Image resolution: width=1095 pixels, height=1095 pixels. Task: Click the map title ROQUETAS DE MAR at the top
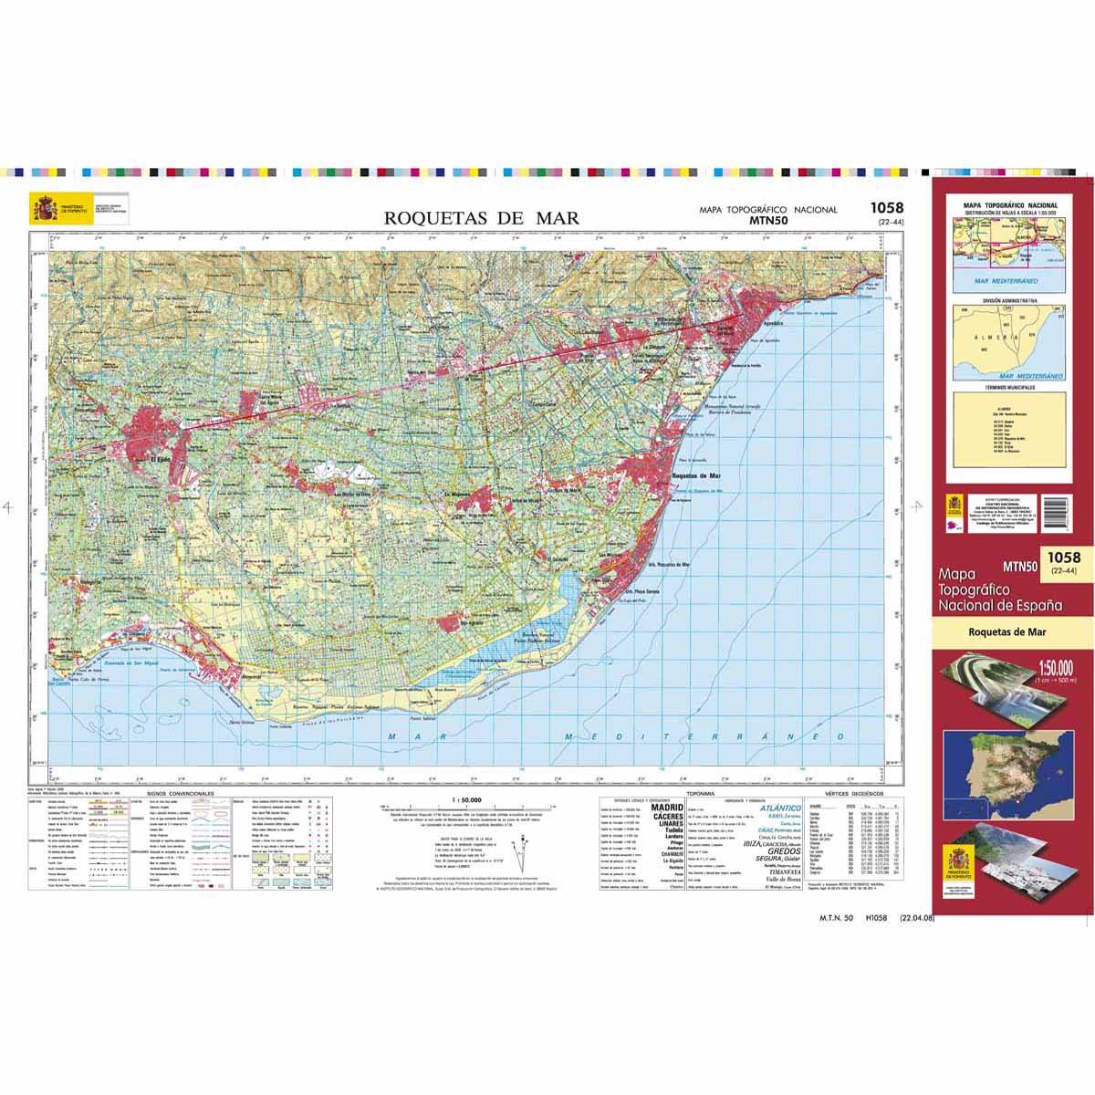[482, 218]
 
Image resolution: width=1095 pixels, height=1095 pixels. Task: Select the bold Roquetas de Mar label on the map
[696, 476]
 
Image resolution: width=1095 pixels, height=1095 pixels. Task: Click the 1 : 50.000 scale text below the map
[466, 799]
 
